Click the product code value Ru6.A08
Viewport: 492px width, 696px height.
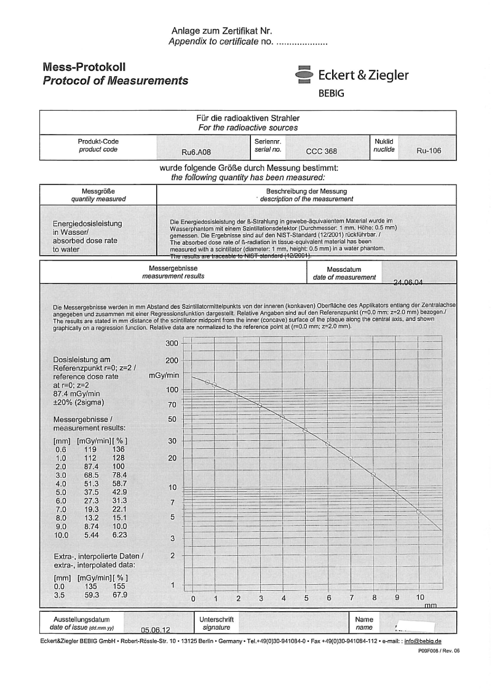point(195,151)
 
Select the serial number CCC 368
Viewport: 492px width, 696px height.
point(322,151)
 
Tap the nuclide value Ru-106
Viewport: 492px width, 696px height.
point(429,151)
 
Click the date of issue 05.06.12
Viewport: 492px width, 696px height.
point(155,630)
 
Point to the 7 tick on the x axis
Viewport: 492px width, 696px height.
point(351,598)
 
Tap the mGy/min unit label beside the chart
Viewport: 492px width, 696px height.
point(164,374)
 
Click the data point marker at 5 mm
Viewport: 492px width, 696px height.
point(305,430)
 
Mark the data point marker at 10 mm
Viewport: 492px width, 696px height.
point(419,511)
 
